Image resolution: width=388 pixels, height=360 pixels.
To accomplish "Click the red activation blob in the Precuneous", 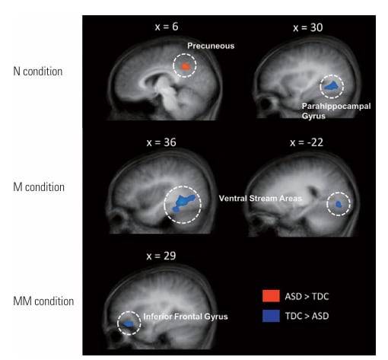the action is tap(186, 66).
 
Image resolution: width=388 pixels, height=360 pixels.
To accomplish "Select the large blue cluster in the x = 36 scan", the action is tap(183, 203).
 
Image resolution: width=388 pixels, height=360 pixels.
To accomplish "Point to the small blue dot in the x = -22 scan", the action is tap(339, 204).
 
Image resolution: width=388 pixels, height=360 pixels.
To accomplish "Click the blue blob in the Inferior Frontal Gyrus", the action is tap(129, 323).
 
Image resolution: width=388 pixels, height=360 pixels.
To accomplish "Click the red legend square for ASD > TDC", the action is tap(271, 296).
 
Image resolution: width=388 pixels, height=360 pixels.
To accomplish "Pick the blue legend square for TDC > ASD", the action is tap(271, 316).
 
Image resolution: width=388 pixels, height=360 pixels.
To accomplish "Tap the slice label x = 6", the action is tap(167, 27).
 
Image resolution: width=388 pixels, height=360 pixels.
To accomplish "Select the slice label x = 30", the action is tap(308, 27).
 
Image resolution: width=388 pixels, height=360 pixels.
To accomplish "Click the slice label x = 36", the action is tap(161, 142).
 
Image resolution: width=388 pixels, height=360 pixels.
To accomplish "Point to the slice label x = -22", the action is tap(307, 142).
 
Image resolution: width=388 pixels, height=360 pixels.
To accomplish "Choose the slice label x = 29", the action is tap(161, 256).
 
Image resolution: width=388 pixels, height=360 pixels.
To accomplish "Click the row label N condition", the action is tap(38, 72).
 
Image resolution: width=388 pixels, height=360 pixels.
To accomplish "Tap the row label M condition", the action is tap(39, 187).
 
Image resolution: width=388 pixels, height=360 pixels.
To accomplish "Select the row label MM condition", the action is tap(43, 301).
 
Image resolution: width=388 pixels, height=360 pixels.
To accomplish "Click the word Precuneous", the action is tap(211, 46).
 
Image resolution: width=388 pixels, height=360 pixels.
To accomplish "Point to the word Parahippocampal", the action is tap(336, 106).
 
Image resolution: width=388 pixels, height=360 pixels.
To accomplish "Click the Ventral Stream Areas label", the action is tap(260, 199).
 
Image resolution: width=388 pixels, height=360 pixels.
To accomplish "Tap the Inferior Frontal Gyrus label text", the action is tap(186, 317).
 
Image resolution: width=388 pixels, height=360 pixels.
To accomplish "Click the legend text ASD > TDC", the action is tap(307, 296).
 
